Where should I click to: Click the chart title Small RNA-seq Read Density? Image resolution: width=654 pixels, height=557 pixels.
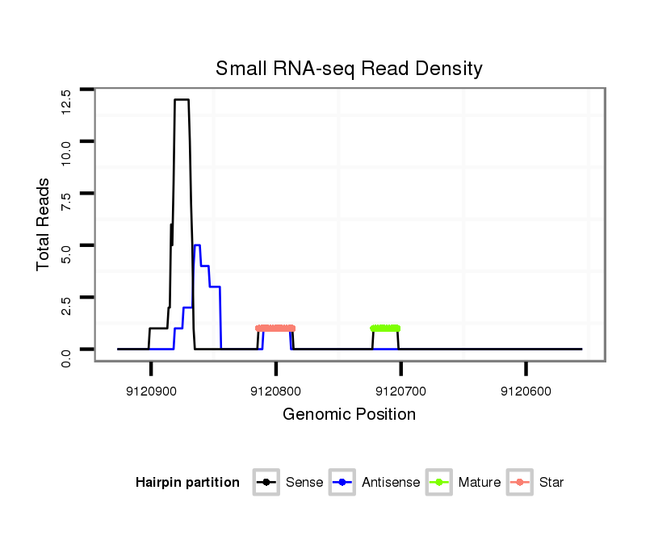(349, 69)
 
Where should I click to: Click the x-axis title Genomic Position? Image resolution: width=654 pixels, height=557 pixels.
(349, 415)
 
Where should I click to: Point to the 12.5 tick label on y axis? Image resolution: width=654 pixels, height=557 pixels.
(66, 102)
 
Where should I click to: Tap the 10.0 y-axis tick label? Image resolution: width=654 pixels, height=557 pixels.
(66, 152)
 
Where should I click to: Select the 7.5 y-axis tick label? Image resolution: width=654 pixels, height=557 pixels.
(66, 203)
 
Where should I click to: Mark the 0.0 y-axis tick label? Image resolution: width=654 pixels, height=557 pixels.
(66, 356)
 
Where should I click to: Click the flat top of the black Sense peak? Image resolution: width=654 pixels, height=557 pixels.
(182, 99)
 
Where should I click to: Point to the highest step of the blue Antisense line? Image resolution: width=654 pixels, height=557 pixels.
(197, 245)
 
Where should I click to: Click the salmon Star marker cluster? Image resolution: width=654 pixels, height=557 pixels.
(275, 329)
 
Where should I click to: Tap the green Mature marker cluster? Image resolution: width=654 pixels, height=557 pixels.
(385, 329)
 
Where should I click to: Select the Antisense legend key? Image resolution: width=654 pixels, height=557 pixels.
(342, 483)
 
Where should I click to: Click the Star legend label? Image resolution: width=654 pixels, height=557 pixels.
(551, 483)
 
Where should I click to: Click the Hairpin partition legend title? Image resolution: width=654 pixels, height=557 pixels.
(187, 483)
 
